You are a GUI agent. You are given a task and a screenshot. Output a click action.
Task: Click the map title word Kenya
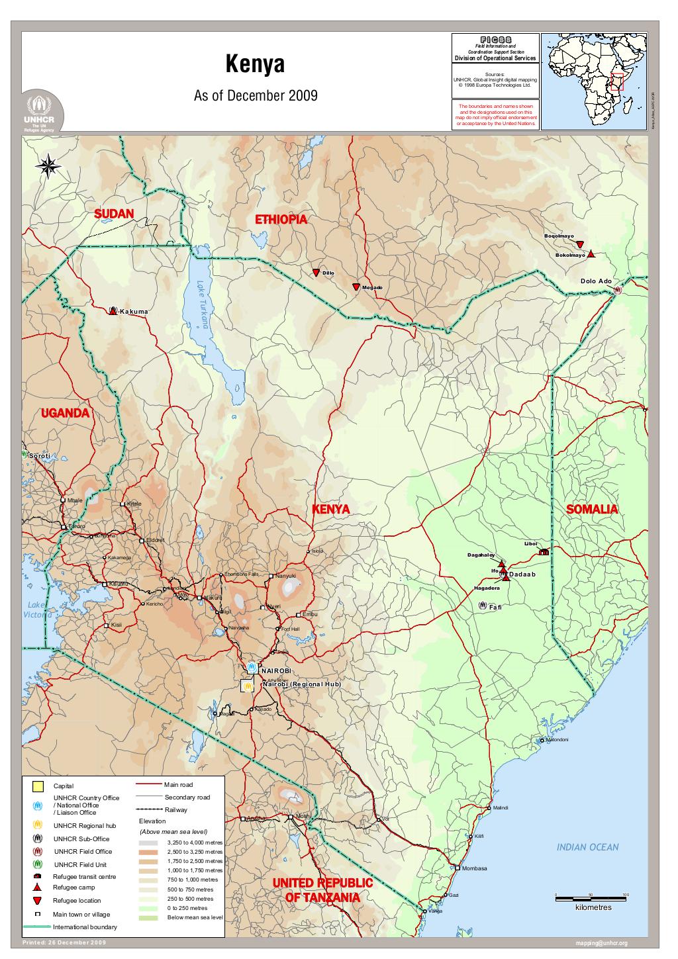point(255,66)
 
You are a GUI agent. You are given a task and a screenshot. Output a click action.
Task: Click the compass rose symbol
point(48,165)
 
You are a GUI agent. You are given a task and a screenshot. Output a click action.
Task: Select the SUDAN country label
point(114,214)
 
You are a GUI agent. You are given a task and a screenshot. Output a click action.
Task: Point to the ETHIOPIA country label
point(281,220)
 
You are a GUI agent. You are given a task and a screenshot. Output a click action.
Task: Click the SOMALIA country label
point(592,510)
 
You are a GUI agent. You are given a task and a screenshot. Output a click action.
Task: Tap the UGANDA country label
point(65,414)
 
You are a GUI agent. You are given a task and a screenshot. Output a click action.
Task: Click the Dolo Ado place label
point(596,281)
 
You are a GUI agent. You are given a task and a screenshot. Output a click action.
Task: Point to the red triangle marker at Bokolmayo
point(591,254)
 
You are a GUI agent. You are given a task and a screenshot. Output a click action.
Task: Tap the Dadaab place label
point(522,574)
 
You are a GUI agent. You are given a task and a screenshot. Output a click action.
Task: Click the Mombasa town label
point(474,868)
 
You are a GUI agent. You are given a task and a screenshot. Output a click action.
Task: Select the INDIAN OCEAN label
point(587,847)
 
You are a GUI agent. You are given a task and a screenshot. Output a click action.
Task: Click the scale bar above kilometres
point(591,898)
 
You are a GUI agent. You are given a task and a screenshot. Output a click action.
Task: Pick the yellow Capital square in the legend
point(38,786)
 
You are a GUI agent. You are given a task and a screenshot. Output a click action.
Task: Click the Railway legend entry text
point(175,809)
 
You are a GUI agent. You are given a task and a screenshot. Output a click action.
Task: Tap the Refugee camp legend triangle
point(38,887)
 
